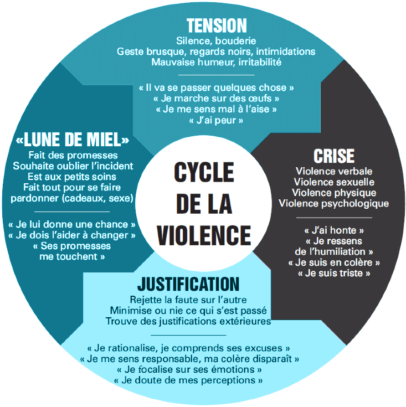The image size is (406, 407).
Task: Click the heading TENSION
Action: (217, 25)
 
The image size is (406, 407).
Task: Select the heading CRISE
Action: (334, 156)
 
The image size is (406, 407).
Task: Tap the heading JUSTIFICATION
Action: (188, 285)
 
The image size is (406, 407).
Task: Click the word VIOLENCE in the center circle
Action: (203, 235)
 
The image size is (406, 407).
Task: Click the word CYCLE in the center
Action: (203, 173)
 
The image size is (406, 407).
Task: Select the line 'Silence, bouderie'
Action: (216, 40)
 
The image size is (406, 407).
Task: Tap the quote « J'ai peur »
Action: (216, 120)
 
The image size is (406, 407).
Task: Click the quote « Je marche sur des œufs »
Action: (216, 99)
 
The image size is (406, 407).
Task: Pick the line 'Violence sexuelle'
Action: (334, 182)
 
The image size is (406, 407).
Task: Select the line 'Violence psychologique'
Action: (334, 203)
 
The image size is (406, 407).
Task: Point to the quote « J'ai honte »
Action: (334, 230)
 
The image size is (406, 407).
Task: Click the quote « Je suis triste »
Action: (334, 273)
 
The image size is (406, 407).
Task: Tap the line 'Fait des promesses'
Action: (73, 154)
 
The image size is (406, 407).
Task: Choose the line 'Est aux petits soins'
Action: (73, 177)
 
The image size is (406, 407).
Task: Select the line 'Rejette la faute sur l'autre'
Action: (188, 299)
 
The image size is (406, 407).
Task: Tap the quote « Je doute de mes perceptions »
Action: (188, 381)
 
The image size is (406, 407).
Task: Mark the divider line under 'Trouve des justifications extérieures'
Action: (188, 335)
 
